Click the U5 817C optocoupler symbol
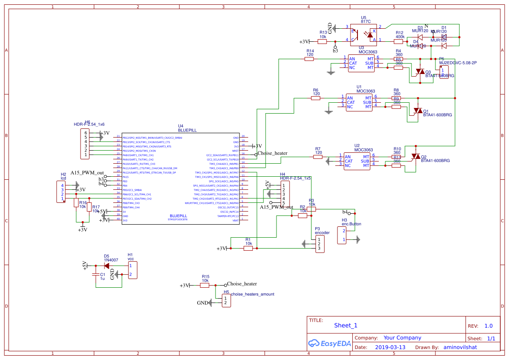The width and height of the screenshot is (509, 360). pos(363,34)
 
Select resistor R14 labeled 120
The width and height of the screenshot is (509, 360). pos(309,59)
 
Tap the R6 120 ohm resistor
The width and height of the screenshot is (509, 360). pos(316,98)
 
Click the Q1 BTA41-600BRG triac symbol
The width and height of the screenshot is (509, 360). pos(418,111)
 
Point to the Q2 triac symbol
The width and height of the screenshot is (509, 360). pos(416,157)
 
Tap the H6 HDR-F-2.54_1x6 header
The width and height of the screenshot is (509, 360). pos(86,144)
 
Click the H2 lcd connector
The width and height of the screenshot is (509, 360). pos(61,192)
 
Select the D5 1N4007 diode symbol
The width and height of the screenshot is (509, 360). pos(107,265)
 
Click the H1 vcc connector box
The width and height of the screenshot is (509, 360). pos(132,270)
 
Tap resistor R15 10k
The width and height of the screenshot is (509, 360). pos(205,285)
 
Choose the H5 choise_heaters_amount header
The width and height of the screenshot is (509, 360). pos(226,300)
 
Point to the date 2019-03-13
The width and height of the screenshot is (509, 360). pos(390,347)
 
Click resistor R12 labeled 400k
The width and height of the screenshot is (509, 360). pos(399,41)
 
